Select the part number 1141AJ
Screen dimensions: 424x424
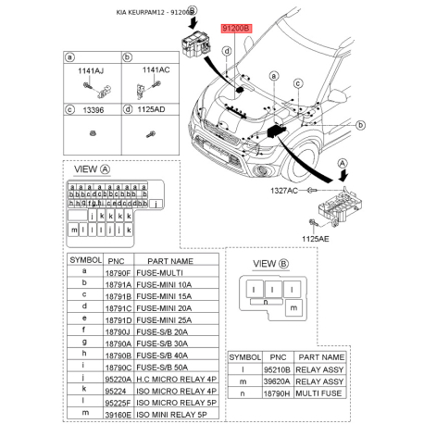pos(91,69)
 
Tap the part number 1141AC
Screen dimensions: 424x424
pos(155,69)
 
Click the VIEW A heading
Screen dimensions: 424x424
pos(93,169)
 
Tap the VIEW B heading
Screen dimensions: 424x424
pos(270,264)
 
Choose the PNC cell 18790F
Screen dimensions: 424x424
pos(116,274)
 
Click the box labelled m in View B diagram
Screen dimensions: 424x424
pos(293,306)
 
